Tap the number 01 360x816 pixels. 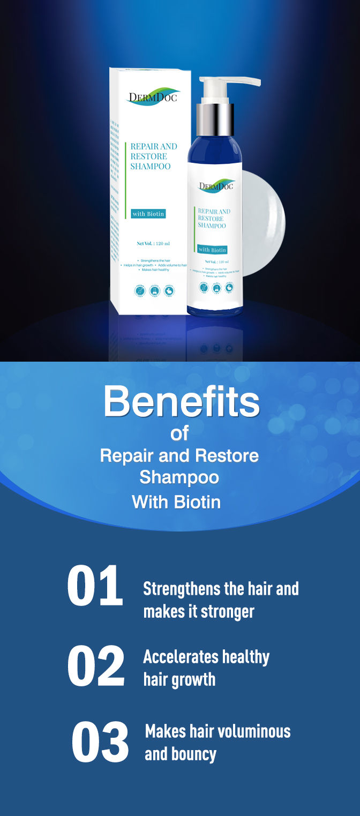pos(95,587)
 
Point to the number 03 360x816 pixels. pos(100,743)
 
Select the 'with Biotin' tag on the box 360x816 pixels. pos(148,214)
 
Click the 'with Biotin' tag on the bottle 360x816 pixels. pos(212,250)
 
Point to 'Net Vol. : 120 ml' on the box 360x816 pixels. pos(153,244)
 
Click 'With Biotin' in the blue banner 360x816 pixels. pos(176,502)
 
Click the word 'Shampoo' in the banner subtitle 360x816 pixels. pos(179,477)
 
